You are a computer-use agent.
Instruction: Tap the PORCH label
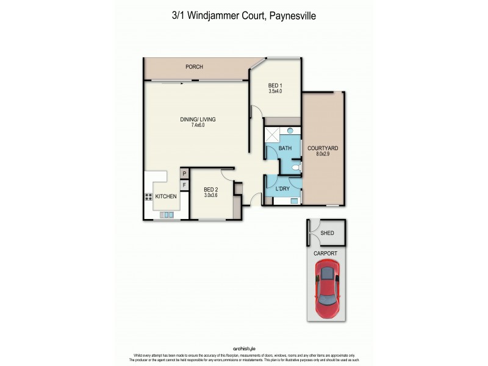[x=194, y=67]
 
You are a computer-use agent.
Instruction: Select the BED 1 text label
[x=275, y=85]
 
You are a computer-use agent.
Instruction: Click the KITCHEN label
[x=166, y=196]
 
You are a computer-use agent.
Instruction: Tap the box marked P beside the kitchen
[x=183, y=174]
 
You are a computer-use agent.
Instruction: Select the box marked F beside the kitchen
[x=183, y=184]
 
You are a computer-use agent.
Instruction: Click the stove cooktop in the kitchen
[x=148, y=196]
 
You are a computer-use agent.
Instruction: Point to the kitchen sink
[x=167, y=215]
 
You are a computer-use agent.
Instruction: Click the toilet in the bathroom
[x=296, y=167]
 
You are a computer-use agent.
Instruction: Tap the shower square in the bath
[x=272, y=135]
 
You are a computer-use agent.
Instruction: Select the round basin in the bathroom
[x=290, y=131]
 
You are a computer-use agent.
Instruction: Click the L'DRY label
[x=282, y=189]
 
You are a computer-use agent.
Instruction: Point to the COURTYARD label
[x=323, y=148]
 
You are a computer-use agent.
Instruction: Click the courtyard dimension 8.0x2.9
[x=323, y=155]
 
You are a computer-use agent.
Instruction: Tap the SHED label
[x=327, y=233]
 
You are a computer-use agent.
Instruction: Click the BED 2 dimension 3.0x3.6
[x=210, y=196]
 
